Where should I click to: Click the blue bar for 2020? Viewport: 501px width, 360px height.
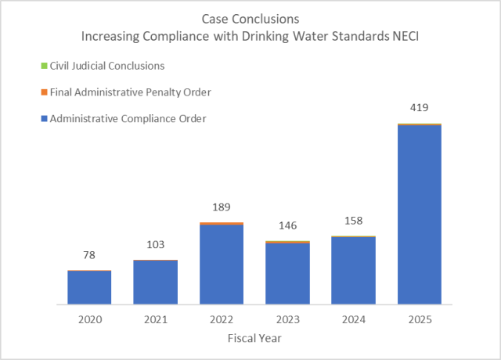[x=89, y=287]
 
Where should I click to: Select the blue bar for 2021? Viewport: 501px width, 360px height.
[x=155, y=283]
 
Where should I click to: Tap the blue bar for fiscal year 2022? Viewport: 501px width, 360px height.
[x=222, y=265]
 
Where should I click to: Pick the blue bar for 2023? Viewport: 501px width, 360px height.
[x=287, y=274]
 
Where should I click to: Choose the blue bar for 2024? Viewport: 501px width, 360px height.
[x=353, y=271]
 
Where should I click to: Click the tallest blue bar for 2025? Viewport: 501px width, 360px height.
[x=420, y=214]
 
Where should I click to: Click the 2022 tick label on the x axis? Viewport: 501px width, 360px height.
[x=222, y=320]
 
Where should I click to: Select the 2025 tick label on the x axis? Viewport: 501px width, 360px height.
[x=420, y=320]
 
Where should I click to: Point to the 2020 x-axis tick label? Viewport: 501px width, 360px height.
[x=89, y=320]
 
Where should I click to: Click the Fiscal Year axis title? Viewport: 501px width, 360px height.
[x=254, y=338]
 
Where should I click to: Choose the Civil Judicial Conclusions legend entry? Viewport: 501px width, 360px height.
[x=106, y=66]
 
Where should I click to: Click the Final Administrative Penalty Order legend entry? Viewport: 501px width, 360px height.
[x=130, y=92]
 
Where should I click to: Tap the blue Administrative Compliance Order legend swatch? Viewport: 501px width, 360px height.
[x=44, y=119]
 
